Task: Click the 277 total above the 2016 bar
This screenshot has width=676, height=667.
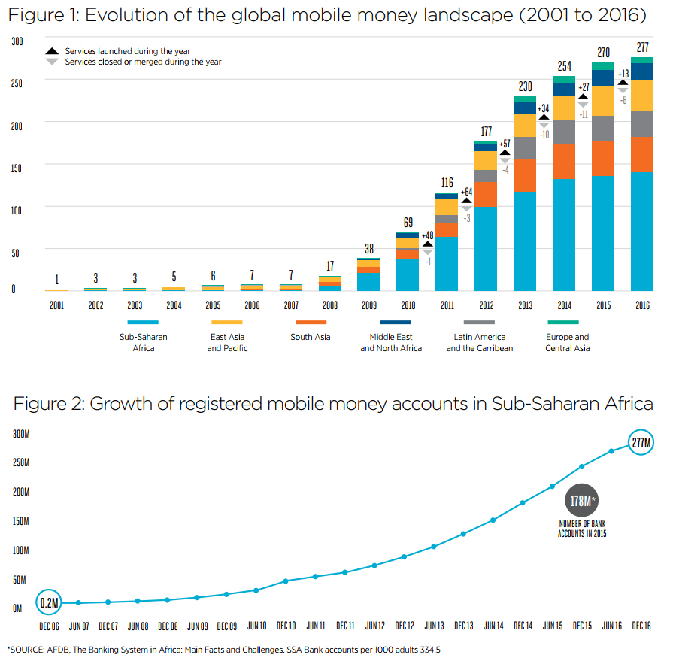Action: (642, 48)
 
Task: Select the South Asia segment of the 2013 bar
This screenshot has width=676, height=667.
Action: (525, 175)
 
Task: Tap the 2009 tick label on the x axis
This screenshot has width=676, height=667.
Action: (368, 306)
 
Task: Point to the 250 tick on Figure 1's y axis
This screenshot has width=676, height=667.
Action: (17, 83)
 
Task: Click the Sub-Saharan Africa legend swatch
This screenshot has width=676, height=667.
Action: (143, 322)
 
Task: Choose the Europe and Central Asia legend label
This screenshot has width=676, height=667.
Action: (567, 342)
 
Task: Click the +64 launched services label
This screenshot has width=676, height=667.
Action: (467, 193)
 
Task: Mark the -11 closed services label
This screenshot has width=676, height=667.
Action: (583, 114)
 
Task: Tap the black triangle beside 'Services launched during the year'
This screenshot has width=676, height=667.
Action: (52, 51)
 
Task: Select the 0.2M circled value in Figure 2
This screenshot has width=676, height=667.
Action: (50, 602)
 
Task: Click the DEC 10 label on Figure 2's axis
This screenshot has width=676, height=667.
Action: (286, 626)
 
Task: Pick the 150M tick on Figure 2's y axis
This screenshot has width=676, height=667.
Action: (20, 521)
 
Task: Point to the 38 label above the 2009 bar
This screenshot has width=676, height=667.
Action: (368, 248)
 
